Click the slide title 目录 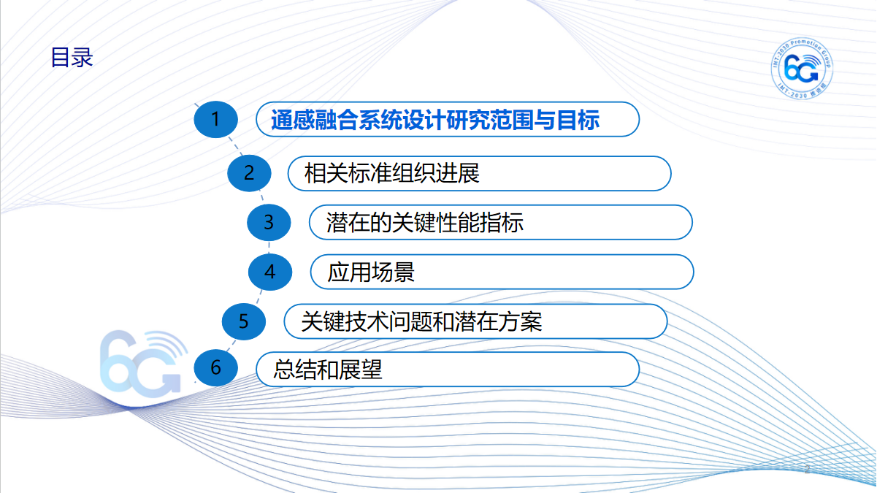72,58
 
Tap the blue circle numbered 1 215,119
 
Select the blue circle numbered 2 249,173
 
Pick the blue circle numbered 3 269,222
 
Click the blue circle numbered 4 270,272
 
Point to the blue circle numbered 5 244,321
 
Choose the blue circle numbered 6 215,368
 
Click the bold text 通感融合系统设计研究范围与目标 435,119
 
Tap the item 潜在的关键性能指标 425,223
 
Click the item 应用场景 371,272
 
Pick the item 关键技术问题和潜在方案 422,321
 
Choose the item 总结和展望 327,370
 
